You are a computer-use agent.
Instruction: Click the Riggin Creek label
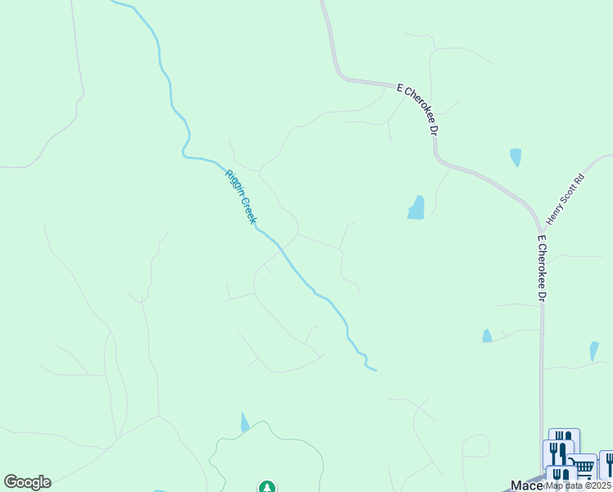point(242,196)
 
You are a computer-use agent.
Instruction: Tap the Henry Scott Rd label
point(566,199)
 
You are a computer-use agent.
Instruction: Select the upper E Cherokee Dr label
point(419,107)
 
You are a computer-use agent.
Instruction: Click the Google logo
point(27,482)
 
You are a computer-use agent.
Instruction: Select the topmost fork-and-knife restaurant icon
point(564,441)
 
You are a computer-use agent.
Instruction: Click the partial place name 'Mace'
point(524,485)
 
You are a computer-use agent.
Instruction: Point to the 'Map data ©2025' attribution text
point(577,485)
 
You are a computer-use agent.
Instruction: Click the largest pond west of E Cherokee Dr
point(416,208)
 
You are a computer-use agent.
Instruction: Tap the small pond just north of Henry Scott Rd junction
point(515,157)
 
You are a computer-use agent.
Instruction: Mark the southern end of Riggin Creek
point(375,370)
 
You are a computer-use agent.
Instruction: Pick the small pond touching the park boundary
point(244,424)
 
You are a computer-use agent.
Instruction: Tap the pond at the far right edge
point(594,351)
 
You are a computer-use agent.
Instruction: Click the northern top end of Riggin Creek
point(115,2)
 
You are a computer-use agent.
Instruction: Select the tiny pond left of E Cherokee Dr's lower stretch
point(487,335)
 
